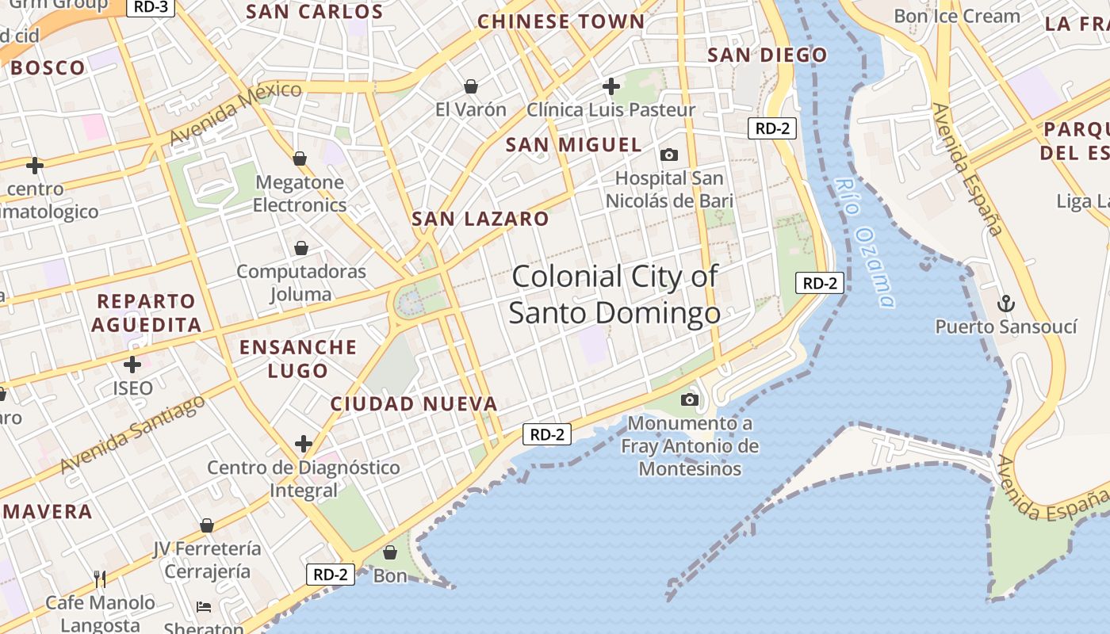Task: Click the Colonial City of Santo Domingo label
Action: tap(614, 295)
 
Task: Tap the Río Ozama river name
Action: tap(865, 243)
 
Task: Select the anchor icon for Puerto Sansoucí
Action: tap(1005, 304)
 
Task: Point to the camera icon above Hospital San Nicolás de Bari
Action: tap(669, 155)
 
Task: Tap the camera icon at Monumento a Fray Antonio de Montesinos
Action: tap(690, 399)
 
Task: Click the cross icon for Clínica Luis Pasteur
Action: tap(611, 86)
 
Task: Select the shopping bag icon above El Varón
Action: tap(471, 86)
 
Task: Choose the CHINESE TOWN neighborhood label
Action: tap(561, 21)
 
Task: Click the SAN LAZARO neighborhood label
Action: tap(480, 219)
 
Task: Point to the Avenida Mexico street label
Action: tap(235, 113)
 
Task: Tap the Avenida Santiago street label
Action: tap(132, 433)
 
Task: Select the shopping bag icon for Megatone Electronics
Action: tap(300, 158)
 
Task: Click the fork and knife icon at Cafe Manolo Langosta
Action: tap(100, 579)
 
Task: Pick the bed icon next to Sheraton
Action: tap(204, 608)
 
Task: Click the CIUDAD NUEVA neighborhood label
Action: tap(414, 404)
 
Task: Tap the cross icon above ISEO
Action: tap(132, 365)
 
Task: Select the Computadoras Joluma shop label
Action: tap(301, 283)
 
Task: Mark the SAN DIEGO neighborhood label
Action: tap(767, 55)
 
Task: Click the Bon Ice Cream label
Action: tap(956, 16)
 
